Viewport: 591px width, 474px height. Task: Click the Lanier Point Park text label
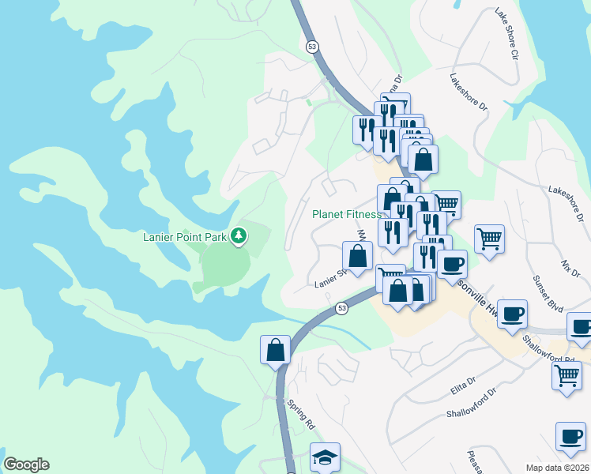tap(185, 236)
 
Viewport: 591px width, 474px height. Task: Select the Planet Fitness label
tap(346, 214)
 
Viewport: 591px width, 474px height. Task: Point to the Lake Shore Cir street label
tap(506, 35)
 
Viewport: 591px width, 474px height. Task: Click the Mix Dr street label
tap(570, 265)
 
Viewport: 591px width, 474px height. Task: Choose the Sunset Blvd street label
tap(540, 291)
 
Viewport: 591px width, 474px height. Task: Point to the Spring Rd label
tap(301, 413)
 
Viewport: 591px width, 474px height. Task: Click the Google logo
tap(26, 464)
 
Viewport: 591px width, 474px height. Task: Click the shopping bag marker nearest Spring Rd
tap(275, 349)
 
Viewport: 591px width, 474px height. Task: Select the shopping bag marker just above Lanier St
tap(357, 256)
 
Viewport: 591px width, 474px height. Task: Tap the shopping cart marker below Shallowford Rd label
tap(567, 376)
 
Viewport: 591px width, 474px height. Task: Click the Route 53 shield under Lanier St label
tap(341, 308)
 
